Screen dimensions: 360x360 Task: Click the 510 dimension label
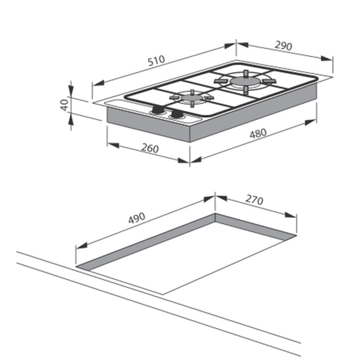click(x=156, y=61)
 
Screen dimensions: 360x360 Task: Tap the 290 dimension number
click(x=284, y=46)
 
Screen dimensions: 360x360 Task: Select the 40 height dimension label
click(x=65, y=105)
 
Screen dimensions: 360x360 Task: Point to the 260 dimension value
click(x=150, y=148)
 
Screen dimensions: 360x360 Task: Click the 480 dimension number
click(x=258, y=134)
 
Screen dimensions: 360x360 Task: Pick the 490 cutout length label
click(x=137, y=218)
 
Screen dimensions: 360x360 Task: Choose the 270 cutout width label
click(x=254, y=200)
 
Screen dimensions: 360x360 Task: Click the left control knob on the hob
click(x=157, y=109)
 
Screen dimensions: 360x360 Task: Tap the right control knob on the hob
click(x=177, y=114)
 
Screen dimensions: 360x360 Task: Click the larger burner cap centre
click(x=245, y=81)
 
